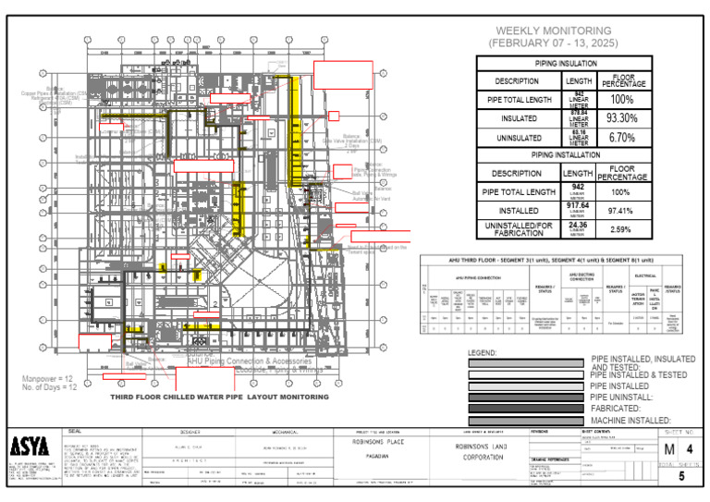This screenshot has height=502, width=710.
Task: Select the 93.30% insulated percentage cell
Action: [621, 118]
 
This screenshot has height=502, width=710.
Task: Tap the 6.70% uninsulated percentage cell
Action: [621, 138]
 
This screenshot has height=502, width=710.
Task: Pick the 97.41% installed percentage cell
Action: [620, 211]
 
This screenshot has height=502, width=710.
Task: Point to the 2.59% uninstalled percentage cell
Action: [620, 229]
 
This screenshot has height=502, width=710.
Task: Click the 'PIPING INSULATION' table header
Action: [566, 65]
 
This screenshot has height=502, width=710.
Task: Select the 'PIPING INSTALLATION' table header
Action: [566, 154]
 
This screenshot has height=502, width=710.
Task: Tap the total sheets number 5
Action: [681, 477]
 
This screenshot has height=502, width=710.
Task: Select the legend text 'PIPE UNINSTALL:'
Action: [623, 397]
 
